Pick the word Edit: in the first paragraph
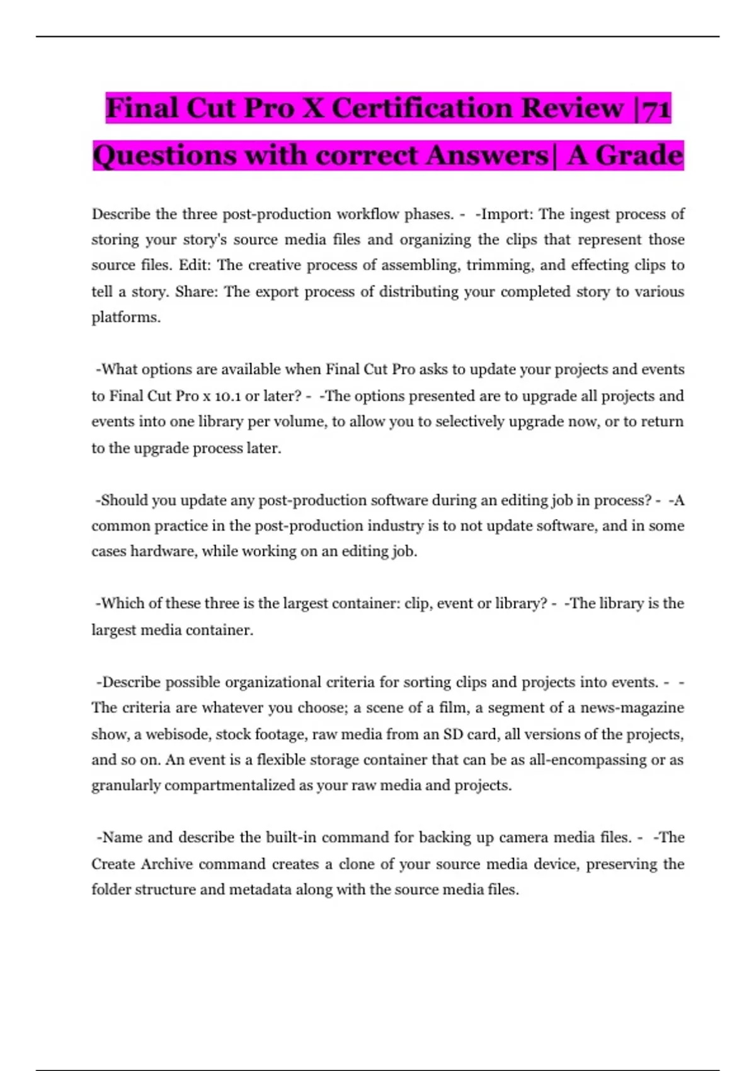coord(195,265)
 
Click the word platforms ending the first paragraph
coord(125,318)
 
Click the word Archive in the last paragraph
coord(166,864)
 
